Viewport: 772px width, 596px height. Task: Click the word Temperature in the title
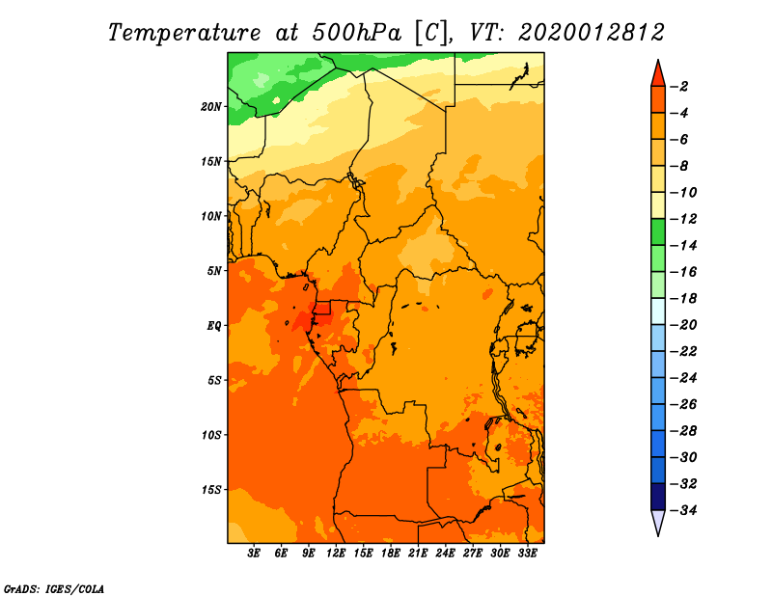pos(183,33)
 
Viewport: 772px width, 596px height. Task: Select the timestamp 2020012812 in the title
pos(592,33)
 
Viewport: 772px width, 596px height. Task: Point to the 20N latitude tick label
pos(211,107)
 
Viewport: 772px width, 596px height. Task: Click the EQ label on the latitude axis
pos(214,326)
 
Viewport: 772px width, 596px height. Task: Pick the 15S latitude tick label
pos(211,490)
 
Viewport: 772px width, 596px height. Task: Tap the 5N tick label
pos(214,271)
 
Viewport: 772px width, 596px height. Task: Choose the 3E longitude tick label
pos(254,554)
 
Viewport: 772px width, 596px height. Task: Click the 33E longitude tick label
pos(527,554)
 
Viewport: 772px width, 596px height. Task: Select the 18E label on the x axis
pos(391,554)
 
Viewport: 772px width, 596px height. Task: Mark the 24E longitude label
pos(445,554)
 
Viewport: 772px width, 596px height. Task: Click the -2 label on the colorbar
pos(680,87)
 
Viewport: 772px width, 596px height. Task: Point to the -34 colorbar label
pos(684,510)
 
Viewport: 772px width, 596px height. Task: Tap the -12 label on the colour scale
pos(684,219)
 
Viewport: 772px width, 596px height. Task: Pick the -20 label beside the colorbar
pos(684,325)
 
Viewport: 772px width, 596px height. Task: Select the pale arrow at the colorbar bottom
pos(658,522)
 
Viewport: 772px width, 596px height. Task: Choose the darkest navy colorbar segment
pos(658,497)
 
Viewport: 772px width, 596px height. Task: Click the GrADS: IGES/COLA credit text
pos(54,589)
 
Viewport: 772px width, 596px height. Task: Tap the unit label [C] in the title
pos(431,34)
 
